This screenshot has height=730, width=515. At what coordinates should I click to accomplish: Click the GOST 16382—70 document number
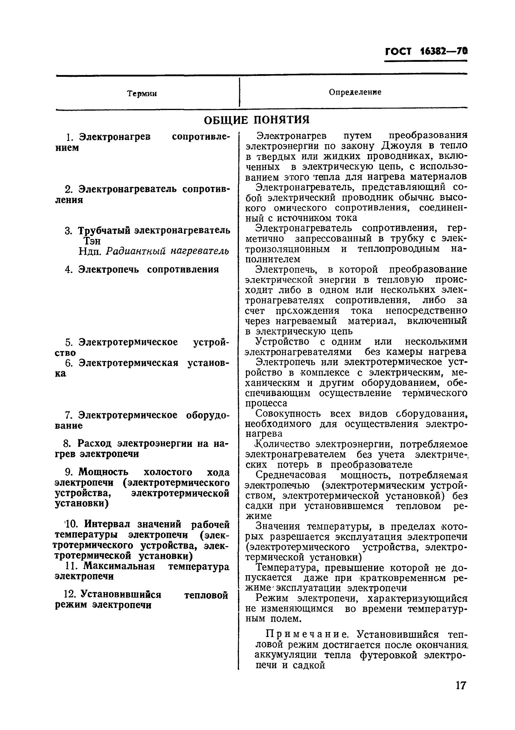[x=426, y=51]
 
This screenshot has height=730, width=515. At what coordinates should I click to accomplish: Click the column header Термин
[x=142, y=94]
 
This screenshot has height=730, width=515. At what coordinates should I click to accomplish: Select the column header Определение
[x=355, y=92]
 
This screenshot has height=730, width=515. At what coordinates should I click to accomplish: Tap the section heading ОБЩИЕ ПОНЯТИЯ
[x=257, y=120]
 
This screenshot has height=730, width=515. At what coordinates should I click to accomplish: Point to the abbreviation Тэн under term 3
[x=92, y=241]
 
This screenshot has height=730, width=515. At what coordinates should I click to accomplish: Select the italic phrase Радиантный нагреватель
[x=167, y=251]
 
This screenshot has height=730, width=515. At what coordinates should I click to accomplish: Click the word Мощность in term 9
[x=103, y=472]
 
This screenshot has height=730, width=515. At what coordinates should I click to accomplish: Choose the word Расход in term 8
[x=95, y=443]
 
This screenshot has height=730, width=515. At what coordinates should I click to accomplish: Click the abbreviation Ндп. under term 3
[x=90, y=252]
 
